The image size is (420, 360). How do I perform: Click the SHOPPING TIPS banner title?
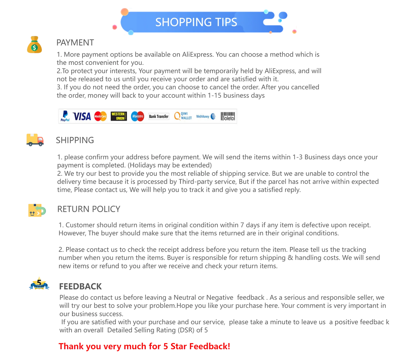click(196, 22)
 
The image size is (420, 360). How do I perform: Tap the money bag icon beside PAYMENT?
click(34, 44)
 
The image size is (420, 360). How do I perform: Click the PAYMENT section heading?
click(75, 42)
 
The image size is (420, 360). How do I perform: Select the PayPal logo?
click(65, 116)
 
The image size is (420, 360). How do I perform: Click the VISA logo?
click(82, 117)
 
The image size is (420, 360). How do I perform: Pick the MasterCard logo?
click(100, 117)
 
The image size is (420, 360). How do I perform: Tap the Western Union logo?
click(119, 116)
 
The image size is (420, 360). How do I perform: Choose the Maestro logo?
click(137, 117)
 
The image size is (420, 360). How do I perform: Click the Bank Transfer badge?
click(159, 117)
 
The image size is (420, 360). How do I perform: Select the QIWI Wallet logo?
click(183, 116)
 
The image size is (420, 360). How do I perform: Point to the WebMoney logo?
click(205, 117)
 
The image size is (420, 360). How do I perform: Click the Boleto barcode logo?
click(228, 116)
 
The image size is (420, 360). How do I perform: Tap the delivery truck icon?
click(35, 140)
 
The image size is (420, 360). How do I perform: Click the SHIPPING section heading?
click(75, 140)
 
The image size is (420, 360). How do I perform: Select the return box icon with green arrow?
click(37, 210)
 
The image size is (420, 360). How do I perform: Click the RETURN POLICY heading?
click(89, 209)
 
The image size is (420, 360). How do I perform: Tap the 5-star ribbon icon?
click(39, 283)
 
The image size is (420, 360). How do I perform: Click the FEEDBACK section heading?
click(80, 286)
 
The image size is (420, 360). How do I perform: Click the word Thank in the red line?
click(71, 346)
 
